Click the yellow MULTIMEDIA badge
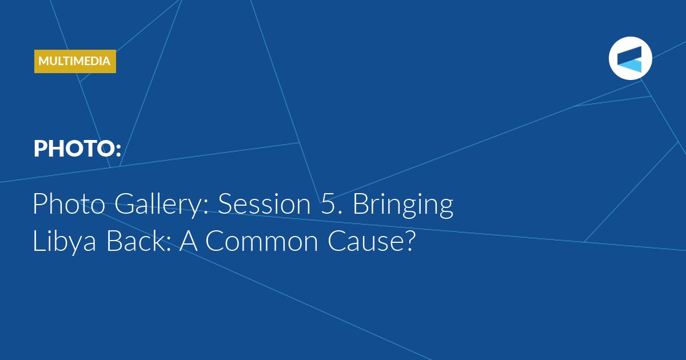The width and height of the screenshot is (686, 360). tap(75, 61)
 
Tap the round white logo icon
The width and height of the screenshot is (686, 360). tap(630, 58)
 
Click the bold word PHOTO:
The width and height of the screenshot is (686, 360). tap(78, 149)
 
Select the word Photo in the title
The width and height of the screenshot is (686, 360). tap(69, 203)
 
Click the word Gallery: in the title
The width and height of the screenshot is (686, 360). tap(161, 205)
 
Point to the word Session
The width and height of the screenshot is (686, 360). tap(264, 204)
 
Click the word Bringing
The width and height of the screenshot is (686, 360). tap(403, 205)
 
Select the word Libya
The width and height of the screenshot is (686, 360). tap(64, 242)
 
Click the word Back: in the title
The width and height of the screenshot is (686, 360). tap(139, 241)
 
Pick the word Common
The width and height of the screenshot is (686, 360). tap(262, 241)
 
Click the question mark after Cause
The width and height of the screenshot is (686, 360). tap(409, 241)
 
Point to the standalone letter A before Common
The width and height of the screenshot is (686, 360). tap(188, 241)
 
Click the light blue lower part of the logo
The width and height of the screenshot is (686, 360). tap(632, 66)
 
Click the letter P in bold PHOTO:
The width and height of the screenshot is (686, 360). tap(40, 149)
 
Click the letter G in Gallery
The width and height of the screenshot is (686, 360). tap(125, 204)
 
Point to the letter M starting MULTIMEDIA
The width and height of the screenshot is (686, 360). tap(44, 61)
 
